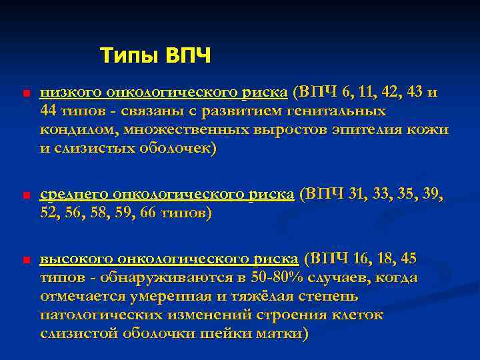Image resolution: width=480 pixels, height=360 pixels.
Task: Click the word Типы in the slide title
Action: tap(124, 56)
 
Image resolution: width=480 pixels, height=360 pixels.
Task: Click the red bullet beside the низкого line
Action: tap(24, 93)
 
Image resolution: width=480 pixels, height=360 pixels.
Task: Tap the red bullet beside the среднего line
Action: tap(24, 195)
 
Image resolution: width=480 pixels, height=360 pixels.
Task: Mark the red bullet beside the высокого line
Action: tap(24, 260)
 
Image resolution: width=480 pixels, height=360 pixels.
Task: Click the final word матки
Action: tap(278, 333)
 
